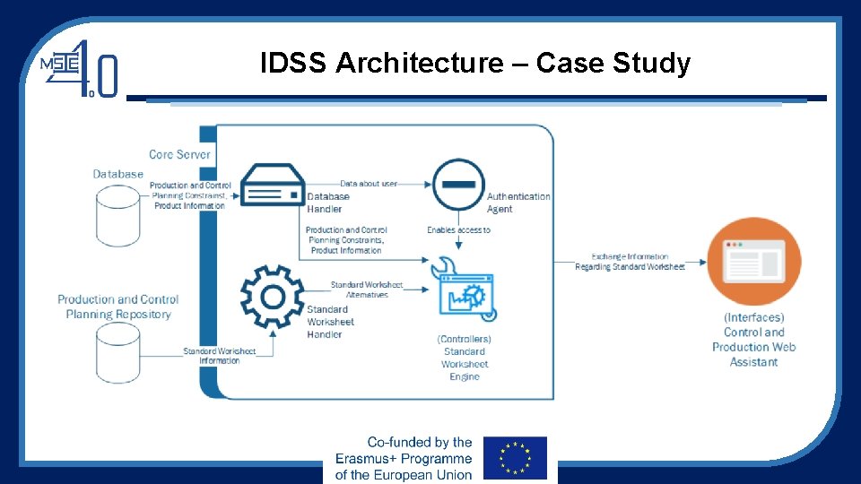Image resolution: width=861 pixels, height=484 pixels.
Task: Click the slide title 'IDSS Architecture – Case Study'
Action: coord(475,64)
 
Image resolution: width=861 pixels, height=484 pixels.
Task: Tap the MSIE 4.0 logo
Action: coord(79,67)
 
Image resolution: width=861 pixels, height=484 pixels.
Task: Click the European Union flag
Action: coord(514,457)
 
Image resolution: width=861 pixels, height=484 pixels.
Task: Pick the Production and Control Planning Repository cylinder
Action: coord(117,353)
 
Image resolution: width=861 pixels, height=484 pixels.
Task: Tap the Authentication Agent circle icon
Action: coord(458,184)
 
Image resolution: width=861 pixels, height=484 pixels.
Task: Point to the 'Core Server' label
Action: coord(179,154)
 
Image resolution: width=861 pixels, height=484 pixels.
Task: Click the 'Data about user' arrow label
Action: coord(368,184)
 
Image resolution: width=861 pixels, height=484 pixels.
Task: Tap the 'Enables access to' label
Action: coord(458,230)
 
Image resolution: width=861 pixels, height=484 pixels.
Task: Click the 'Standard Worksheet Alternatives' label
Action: coord(366,290)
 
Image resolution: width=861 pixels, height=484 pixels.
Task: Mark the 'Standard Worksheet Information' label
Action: coord(220,356)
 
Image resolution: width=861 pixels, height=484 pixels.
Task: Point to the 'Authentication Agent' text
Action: coord(518,203)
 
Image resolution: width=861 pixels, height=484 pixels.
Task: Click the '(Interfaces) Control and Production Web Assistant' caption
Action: coord(753,340)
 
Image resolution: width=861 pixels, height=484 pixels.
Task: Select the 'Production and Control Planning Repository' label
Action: coord(117,307)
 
